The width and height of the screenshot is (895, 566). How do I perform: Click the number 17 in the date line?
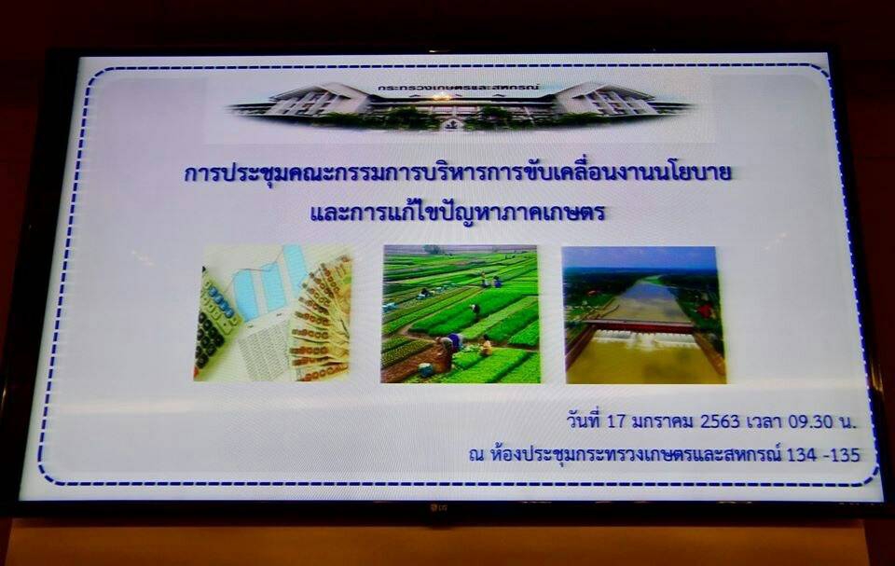click(617, 421)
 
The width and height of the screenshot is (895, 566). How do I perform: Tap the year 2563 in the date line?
click(720, 421)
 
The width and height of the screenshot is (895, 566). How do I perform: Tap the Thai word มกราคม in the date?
click(663, 421)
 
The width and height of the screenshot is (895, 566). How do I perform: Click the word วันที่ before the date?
click(585, 421)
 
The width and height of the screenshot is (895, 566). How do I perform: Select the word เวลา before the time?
click(764, 421)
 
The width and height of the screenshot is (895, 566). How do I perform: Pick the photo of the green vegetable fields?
click(461, 314)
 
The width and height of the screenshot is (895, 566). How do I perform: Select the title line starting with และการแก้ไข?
click(457, 212)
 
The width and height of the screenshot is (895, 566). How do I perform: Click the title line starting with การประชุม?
click(458, 173)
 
